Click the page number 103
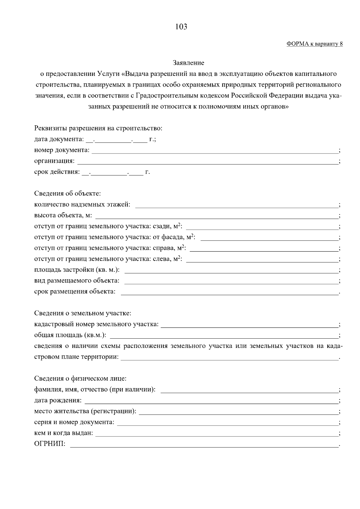pyautogui.click(x=181, y=27)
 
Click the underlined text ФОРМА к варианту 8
pyautogui.click(x=314, y=44)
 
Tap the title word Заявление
pyautogui.click(x=188, y=63)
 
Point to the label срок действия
pyautogui.click(x=57, y=172)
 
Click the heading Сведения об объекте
pyautogui.click(x=67, y=194)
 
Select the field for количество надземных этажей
pyautogui.click(x=237, y=205)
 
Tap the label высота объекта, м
pyautogui.click(x=63, y=216)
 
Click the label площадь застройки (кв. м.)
pyautogui.click(x=77, y=270)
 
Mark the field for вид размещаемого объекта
pyautogui.click(x=231, y=281)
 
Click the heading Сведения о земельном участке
pyautogui.click(x=83, y=313)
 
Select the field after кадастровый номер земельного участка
pyautogui.click(x=250, y=325)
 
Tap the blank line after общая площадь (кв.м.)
pyautogui.click(x=224, y=336)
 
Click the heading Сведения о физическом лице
pyautogui.click(x=80, y=379)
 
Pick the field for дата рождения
pyautogui.click(x=211, y=401)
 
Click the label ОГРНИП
pyautogui.click(x=50, y=444)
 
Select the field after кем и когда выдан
pyautogui.click(x=217, y=434)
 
